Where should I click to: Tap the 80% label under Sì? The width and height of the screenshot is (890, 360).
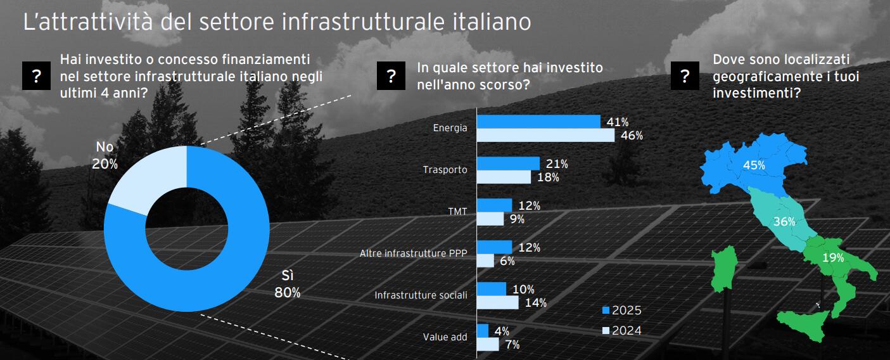[x=287, y=293]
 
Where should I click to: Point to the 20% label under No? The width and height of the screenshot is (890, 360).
[x=105, y=164]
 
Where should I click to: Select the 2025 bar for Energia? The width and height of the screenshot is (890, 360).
[x=538, y=122]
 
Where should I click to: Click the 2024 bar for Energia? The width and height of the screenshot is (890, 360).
[x=545, y=135]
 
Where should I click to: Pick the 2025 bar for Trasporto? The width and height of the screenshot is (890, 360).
[x=507, y=164]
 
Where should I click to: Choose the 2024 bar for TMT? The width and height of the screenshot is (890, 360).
[x=490, y=219]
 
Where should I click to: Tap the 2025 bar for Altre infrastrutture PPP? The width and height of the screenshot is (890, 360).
[x=494, y=247]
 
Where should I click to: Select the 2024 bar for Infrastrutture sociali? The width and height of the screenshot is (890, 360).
[x=497, y=302]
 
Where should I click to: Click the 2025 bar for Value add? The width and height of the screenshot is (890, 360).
[x=482, y=331]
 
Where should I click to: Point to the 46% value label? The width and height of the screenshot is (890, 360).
[x=632, y=136]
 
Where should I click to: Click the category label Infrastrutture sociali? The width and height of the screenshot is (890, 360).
[x=421, y=295]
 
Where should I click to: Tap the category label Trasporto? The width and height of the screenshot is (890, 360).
[x=445, y=170]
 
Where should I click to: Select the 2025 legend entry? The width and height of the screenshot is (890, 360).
[x=621, y=311]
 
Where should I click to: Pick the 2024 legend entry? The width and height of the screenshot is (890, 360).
[x=621, y=330]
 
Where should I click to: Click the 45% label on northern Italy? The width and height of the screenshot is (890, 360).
[x=754, y=165]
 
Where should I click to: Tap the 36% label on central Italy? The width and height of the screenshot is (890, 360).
[x=784, y=222]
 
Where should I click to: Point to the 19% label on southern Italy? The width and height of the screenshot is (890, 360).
[x=833, y=258]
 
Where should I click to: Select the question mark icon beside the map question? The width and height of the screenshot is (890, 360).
[x=684, y=77]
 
